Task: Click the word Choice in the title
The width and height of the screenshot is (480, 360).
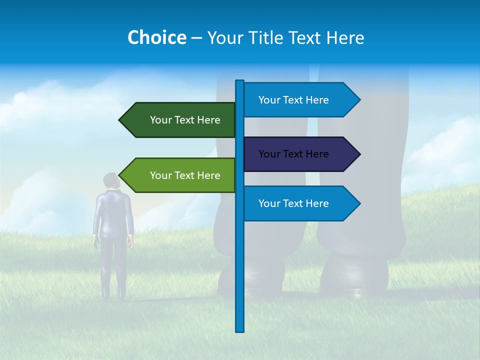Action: (156, 37)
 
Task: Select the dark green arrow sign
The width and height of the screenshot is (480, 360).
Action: (180, 120)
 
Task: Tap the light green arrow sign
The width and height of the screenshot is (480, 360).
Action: (180, 175)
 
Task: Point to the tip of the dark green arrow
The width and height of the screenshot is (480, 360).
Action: (120, 120)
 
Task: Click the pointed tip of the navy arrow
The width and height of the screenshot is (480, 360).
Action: (359, 154)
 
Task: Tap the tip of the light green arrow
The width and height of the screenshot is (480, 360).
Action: (120, 175)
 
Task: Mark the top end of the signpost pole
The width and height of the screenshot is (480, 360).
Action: (239, 81)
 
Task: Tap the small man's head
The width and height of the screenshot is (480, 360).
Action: (111, 180)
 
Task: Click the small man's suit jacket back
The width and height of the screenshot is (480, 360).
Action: (113, 212)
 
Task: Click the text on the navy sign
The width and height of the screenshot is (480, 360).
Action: (293, 154)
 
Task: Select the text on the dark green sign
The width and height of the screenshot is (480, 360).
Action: (185, 120)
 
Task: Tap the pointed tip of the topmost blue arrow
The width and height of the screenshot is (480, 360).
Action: (359, 100)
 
